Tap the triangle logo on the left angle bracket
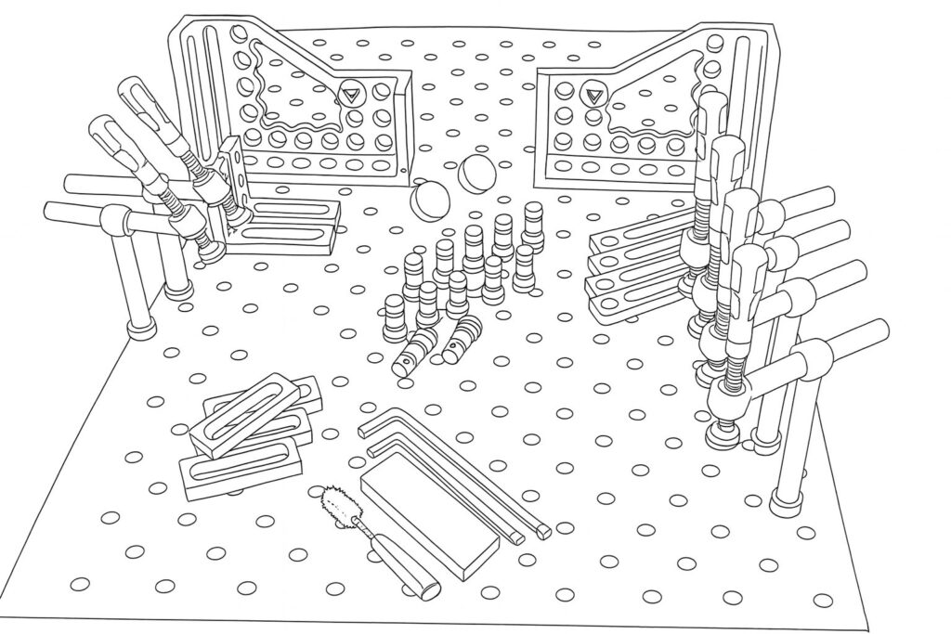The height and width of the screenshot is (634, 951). (351, 93)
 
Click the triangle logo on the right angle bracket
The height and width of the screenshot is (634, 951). (592, 94)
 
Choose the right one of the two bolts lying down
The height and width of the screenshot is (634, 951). (462, 340)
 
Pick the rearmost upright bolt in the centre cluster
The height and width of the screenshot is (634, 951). (532, 222)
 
